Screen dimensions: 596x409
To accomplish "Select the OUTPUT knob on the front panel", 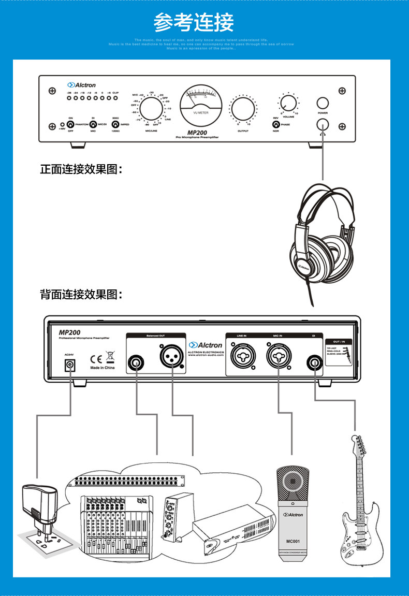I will point(243,109).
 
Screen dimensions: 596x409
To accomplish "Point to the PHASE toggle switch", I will point(276,125).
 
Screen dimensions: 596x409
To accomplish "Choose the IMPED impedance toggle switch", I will point(115,125).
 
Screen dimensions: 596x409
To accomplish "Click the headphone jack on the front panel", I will point(323,124).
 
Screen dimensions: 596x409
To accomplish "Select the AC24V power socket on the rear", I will point(69,366).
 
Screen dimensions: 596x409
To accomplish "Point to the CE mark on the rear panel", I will point(96,357).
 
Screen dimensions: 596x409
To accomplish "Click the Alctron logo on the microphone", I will point(293,515).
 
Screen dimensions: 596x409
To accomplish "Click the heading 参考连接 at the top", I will point(194,22).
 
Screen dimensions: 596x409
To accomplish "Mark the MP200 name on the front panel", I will point(198,133).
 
